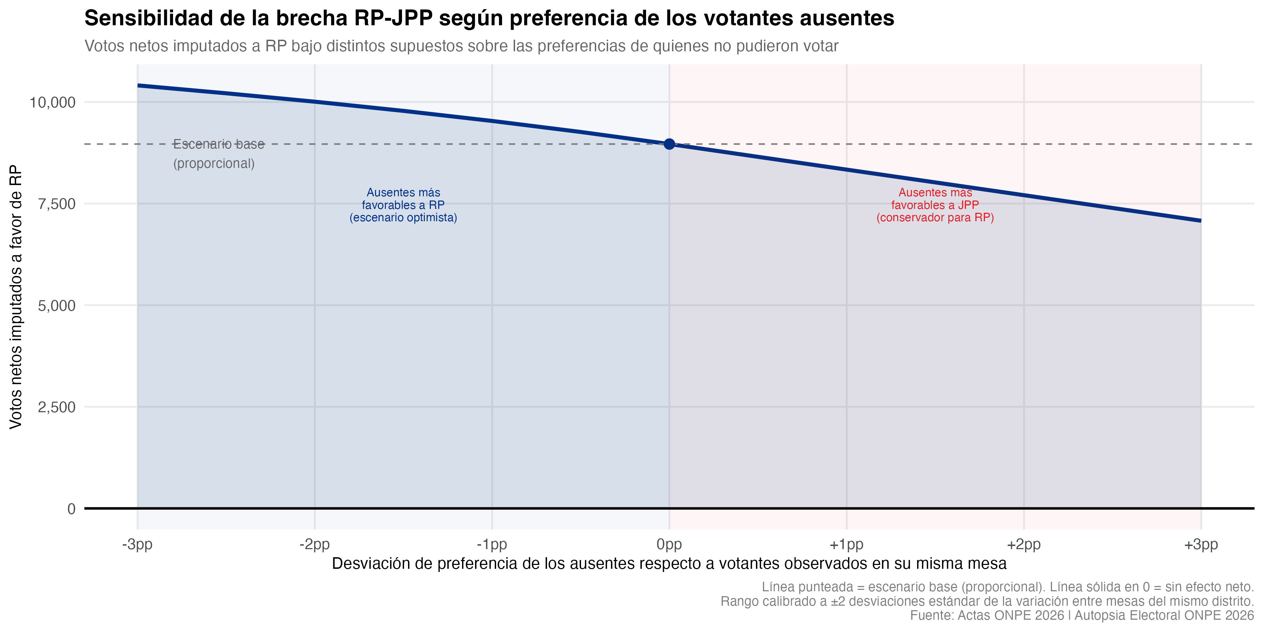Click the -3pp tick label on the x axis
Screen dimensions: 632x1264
[137, 545]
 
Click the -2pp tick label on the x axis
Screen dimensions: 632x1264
[315, 545]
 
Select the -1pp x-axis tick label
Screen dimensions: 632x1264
[492, 545]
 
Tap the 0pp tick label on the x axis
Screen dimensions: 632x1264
[669, 545]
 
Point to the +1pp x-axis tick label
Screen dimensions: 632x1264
[847, 545]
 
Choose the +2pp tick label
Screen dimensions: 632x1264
[1023, 545]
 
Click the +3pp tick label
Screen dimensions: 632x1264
[1201, 545]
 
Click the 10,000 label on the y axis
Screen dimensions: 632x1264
[53, 102]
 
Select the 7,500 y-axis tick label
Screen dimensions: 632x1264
[57, 204]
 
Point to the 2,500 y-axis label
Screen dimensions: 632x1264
[57, 407]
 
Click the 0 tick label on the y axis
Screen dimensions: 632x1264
[71, 509]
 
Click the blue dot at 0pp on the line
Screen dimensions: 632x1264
[669, 144]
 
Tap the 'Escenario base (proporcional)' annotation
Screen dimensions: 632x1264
[218, 153]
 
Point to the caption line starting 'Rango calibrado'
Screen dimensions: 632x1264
[987, 601]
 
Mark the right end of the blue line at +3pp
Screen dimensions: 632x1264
[1200, 221]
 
